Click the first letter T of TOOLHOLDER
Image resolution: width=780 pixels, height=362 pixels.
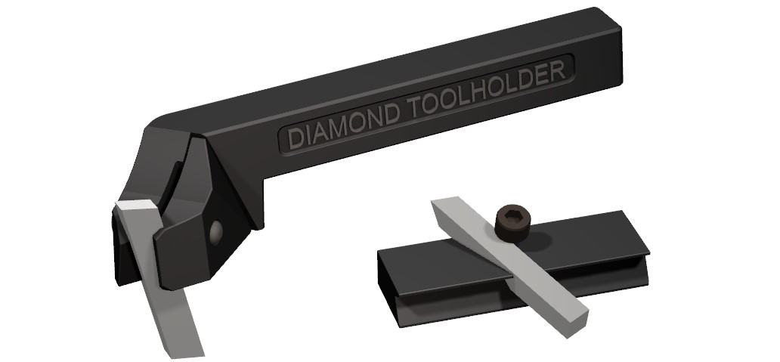[415, 109]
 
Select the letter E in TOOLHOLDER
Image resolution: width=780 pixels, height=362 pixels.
[541, 77]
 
